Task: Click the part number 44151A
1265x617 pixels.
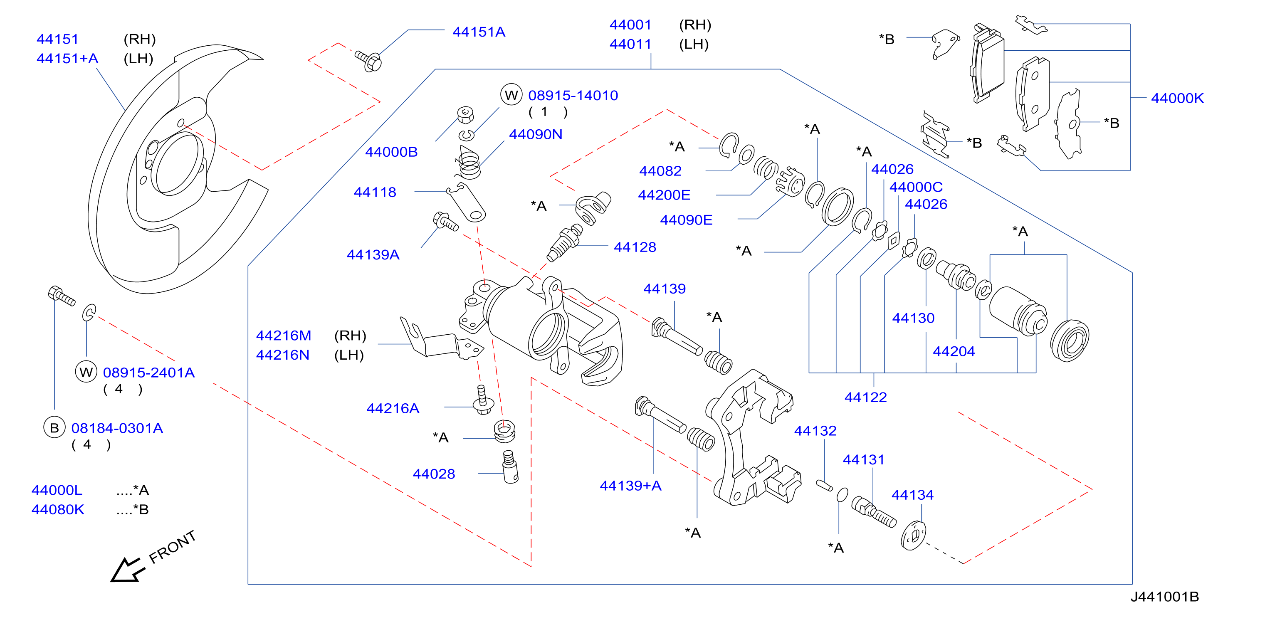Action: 478,32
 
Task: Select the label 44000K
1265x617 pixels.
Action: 1177,98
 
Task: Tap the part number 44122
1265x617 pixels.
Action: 865,397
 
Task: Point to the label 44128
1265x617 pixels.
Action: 635,247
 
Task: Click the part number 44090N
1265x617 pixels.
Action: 535,134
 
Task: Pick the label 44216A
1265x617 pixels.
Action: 393,408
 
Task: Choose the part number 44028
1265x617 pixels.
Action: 434,474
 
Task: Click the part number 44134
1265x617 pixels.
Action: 912,494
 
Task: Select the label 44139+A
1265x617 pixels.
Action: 630,486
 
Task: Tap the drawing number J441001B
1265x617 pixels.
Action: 1164,596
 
